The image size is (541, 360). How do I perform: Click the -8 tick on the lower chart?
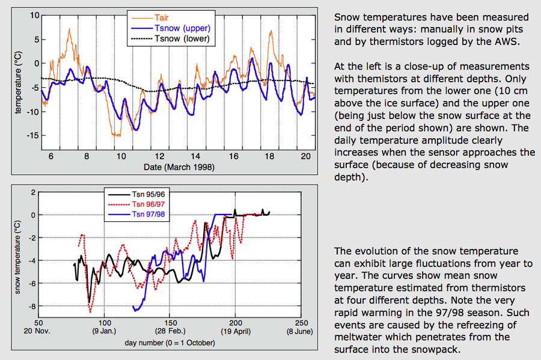point(31,306)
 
